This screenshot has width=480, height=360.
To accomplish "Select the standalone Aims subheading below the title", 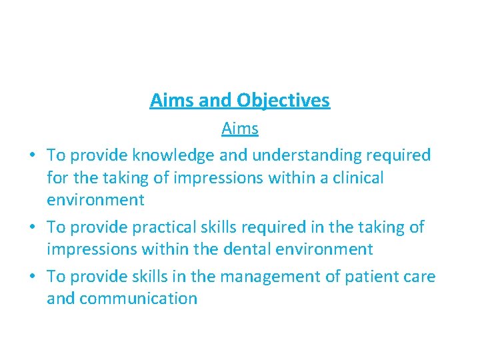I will pos(240,128).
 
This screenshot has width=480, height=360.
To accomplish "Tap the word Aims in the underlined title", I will pos(171,101).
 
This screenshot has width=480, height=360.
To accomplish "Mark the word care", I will pos(418,277).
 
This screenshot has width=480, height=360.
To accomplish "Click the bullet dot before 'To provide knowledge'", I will pos(32,156).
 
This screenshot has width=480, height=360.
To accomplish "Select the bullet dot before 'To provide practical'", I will pos(32,228).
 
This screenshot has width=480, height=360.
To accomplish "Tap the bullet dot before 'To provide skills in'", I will pos(32,277).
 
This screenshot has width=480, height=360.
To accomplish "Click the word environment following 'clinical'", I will pos(95,199).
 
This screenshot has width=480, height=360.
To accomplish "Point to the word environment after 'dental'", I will pos(333,249).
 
